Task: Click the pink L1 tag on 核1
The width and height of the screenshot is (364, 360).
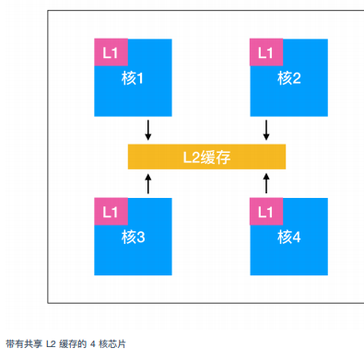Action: pyautogui.click(x=110, y=52)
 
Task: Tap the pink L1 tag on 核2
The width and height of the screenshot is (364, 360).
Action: pyautogui.click(x=265, y=52)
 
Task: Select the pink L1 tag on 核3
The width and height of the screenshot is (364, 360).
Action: pyautogui.click(x=110, y=212)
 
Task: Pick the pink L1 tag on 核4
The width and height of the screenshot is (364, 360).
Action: pyautogui.click(x=265, y=212)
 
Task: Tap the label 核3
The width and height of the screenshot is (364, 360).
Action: pyautogui.click(x=134, y=237)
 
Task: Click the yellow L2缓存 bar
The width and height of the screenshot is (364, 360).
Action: pyautogui.click(x=206, y=157)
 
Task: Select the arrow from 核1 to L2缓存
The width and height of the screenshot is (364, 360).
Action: pyautogui.click(x=147, y=130)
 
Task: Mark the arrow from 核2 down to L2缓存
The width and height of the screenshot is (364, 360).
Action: pyautogui.click(x=266, y=130)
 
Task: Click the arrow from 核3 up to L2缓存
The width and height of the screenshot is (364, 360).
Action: pyautogui.click(x=147, y=184)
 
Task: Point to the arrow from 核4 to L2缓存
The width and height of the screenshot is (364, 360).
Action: pyautogui.click(x=266, y=184)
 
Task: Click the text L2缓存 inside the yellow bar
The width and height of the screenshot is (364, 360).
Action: pyautogui.click(x=206, y=157)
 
